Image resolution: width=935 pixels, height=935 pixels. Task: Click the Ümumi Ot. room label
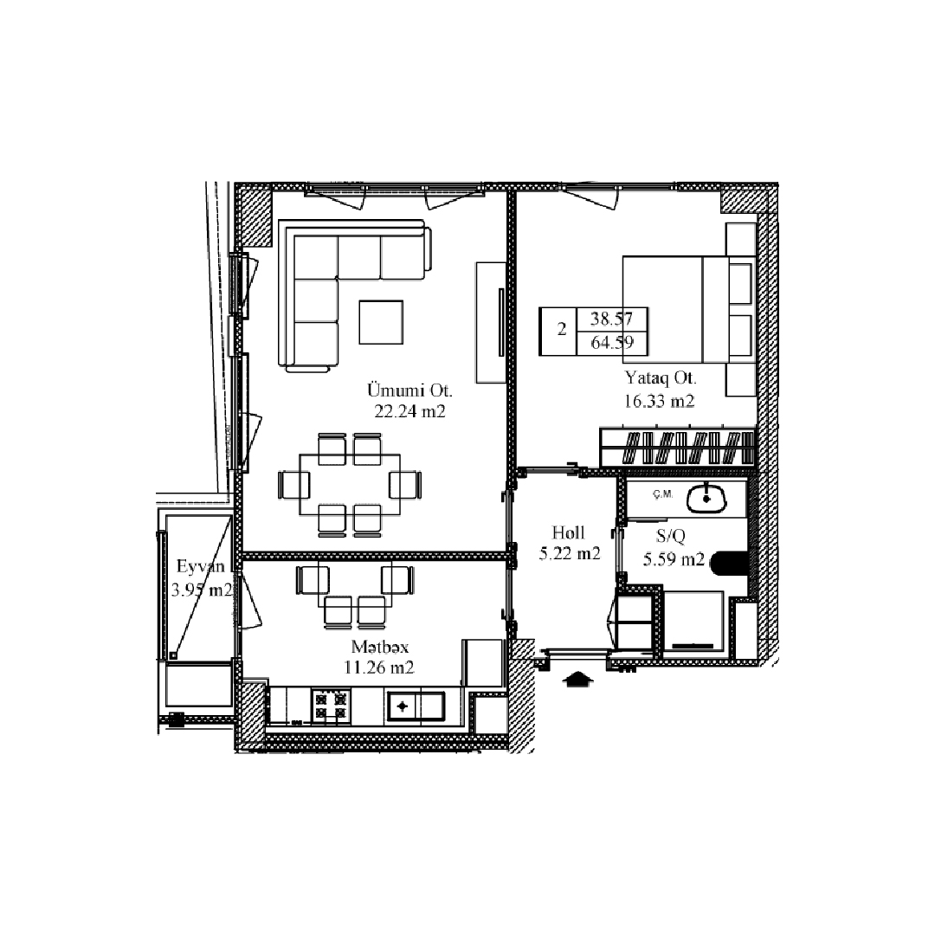click(x=409, y=390)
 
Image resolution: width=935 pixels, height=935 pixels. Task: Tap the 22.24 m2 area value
click(x=409, y=411)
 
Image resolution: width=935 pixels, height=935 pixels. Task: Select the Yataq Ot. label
click(x=661, y=378)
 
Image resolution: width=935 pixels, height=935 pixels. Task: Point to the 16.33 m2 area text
click(x=659, y=401)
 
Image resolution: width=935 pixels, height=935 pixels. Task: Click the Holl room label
click(x=568, y=532)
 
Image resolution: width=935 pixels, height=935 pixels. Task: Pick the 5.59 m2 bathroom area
click(x=674, y=559)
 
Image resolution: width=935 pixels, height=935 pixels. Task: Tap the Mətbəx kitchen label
click(x=380, y=647)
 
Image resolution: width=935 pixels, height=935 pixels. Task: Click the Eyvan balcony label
click(x=200, y=566)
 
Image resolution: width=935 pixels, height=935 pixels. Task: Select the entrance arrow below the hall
click(x=577, y=680)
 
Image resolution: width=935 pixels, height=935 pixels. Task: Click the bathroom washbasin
click(x=706, y=499)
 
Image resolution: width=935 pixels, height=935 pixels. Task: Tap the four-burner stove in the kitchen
click(x=331, y=706)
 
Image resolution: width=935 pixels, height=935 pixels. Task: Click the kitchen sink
click(x=416, y=706)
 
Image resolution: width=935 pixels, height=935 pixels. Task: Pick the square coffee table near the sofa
click(x=381, y=322)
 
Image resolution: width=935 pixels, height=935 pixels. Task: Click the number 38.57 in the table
click(x=611, y=319)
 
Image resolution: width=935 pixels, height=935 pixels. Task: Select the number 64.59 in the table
click(x=612, y=343)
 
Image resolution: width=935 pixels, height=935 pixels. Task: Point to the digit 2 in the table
click(x=562, y=329)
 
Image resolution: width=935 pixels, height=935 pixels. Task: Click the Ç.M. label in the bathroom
click(x=662, y=493)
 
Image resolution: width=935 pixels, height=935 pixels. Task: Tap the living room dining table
click(x=350, y=484)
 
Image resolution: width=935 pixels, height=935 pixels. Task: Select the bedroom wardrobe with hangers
click(x=678, y=448)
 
